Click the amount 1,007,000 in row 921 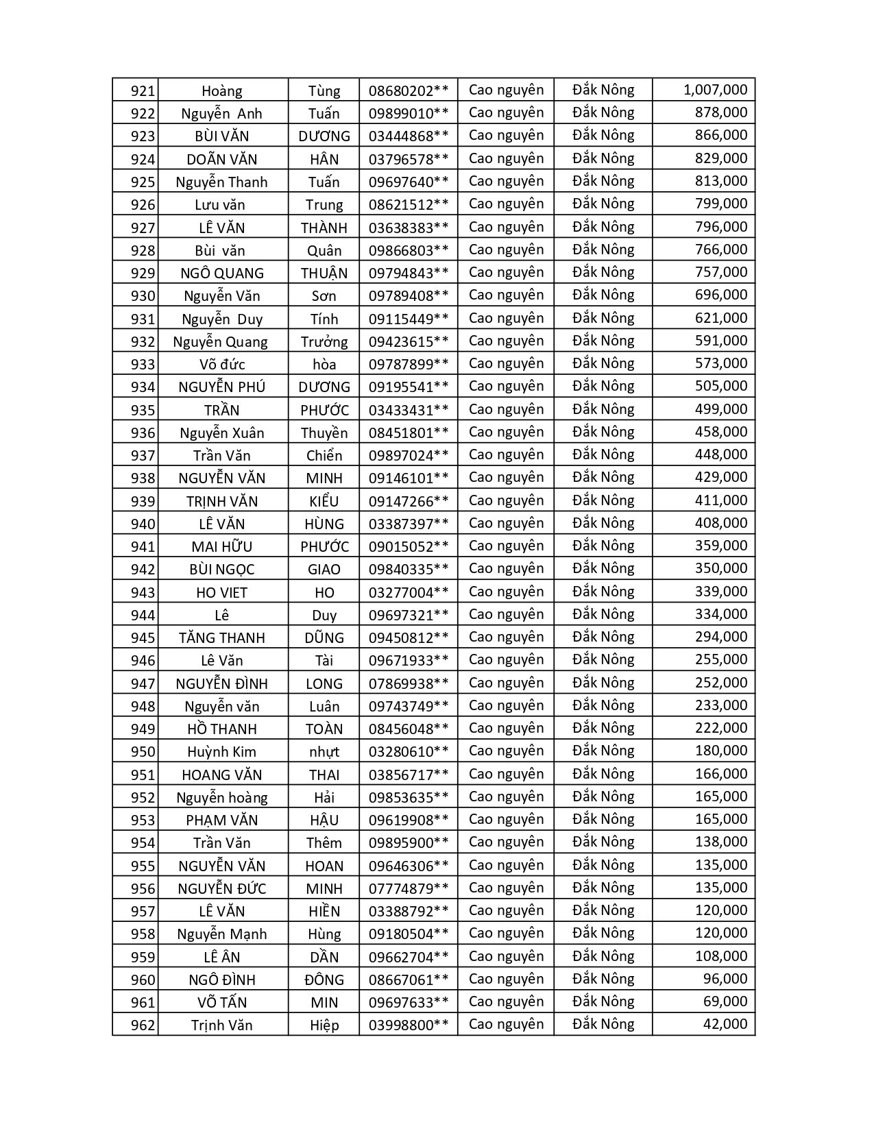point(715,90)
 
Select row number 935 point(143,410)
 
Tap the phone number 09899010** point(409,113)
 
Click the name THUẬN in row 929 point(324,273)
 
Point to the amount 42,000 point(725,1024)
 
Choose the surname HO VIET point(221,592)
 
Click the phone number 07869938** point(409,683)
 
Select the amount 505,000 point(720,386)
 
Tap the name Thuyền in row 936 point(324,433)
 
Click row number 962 point(143,1025)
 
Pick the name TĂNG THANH point(221,637)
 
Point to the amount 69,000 point(725,1001)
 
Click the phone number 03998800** point(409,1025)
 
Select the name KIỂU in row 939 point(324,501)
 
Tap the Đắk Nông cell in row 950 point(603,751)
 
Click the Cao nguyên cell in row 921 point(506,90)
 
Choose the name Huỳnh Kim point(221,752)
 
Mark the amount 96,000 point(725,979)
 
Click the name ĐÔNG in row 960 point(324,980)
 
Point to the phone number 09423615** point(409,341)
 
